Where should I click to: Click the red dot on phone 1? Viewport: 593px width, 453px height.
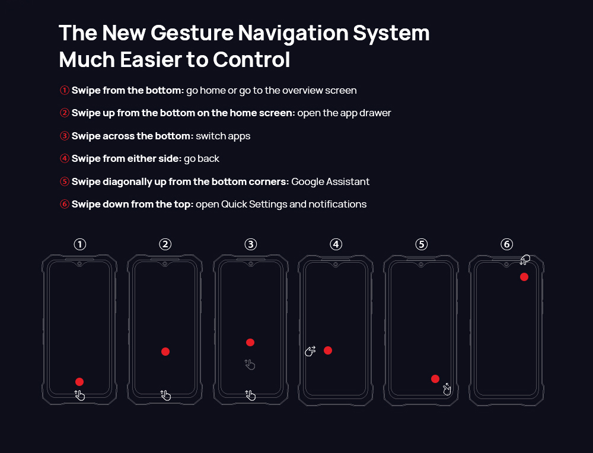point(79,381)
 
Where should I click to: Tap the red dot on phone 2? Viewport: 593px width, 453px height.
point(165,352)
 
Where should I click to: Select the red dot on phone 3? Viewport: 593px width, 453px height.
point(250,343)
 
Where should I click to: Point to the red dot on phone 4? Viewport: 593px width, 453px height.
point(328,350)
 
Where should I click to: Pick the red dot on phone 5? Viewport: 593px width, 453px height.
point(435,378)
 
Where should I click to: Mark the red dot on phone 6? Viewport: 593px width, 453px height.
point(524,277)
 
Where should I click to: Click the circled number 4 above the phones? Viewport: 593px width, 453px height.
point(336,244)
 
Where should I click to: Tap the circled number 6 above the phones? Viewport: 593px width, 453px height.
point(507,244)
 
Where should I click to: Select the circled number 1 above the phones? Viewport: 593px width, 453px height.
point(80,244)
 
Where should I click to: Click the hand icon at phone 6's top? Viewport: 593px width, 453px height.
point(525,260)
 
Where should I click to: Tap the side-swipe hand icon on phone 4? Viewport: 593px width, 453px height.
point(311,351)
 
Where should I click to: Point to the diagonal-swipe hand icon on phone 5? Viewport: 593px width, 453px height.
point(447,389)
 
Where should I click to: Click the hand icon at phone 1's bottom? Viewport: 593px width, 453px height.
point(79,395)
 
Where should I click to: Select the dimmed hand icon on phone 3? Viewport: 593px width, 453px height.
point(250,365)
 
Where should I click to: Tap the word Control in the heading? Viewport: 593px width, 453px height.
point(251,60)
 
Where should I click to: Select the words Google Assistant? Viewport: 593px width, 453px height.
point(330,181)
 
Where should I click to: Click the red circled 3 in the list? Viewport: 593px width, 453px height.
point(64,136)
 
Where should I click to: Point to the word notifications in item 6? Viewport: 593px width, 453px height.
point(337,204)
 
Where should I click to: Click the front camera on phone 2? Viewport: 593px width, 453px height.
point(165,263)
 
